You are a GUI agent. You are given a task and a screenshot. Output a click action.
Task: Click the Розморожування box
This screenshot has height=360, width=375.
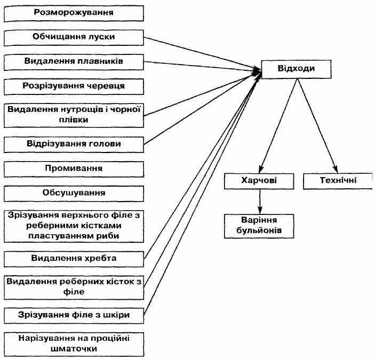tap(74, 14)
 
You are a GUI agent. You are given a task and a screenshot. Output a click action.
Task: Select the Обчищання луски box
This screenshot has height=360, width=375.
tap(74, 38)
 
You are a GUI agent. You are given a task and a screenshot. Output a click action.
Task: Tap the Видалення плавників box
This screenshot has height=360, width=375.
tap(74, 62)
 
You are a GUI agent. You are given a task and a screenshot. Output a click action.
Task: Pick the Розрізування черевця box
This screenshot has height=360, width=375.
tap(74, 86)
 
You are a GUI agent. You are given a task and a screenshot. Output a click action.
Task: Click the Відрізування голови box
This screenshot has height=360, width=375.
tap(74, 145)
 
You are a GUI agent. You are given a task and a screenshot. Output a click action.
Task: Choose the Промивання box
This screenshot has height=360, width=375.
tap(74, 169)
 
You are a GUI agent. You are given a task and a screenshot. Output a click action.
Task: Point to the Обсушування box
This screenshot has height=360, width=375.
tap(74, 194)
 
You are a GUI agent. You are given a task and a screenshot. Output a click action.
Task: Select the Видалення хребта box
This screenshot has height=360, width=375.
tap(74, 259)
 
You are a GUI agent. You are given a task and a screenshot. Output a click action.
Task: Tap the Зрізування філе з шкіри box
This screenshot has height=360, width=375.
tap(74, 316)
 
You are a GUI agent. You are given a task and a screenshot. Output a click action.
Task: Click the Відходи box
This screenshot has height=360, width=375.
tap(296, 69)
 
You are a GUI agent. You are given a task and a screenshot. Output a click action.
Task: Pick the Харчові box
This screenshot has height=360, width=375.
tap(259, 181)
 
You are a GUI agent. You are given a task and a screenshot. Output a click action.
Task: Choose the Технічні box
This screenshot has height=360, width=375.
tap(338, 181)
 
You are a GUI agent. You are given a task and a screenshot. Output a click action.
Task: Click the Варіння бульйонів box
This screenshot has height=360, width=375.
tap(259, 226)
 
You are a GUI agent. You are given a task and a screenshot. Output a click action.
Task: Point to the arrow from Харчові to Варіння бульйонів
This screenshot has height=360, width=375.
tap(260, 202)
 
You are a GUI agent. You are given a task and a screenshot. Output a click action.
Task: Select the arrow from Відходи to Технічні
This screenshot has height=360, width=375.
tap(317, 126)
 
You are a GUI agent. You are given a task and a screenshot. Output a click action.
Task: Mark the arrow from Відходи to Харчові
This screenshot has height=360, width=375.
tap(278, 126)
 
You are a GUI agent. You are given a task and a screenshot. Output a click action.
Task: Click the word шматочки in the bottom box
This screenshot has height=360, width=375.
tap(74, 348)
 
